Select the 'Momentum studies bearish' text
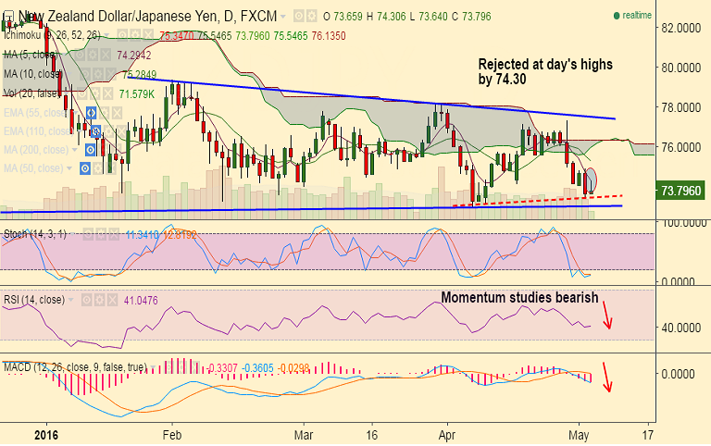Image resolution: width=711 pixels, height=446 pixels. (x=519, y=297)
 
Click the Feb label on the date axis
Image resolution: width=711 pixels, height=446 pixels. (x=171, y=432)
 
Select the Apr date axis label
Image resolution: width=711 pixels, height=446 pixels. (x=446, y=432)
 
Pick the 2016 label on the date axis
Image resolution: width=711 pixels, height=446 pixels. (x=45, y=432)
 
